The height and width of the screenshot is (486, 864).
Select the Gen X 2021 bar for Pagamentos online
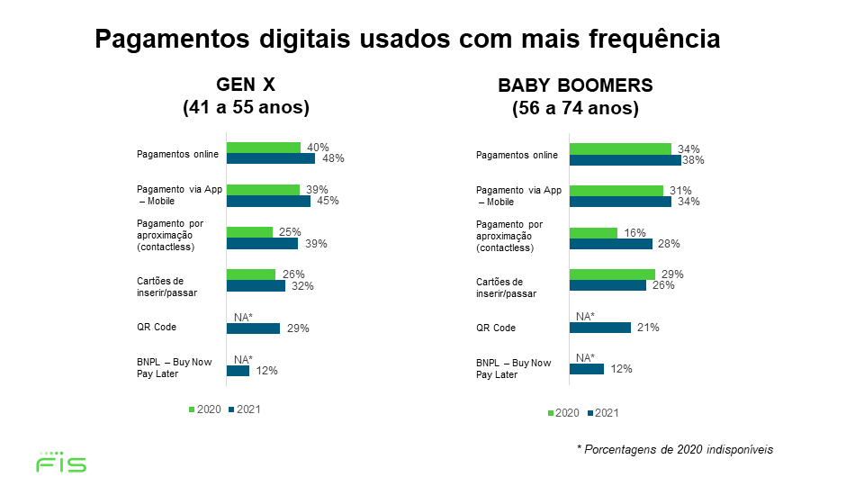tap(270, 158)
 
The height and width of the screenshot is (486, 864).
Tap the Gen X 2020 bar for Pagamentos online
tap(263, 148)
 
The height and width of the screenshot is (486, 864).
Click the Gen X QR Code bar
tap(253, 328)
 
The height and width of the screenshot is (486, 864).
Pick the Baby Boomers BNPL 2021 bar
tap(587, 368)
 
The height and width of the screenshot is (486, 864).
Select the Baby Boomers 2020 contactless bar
tap(593, 233)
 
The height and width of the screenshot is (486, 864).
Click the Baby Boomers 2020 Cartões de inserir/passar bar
tap(612, 274)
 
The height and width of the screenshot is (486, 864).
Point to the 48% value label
tap(333, 158)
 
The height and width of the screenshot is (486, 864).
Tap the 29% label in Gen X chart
tap(298, 328)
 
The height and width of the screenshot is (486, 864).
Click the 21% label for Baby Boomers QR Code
tap(647, 328)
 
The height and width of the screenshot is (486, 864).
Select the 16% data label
tap(635, 233)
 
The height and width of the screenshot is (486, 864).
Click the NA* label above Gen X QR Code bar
tap(244, 317)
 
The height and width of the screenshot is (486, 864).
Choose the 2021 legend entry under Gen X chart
tap(244, 409)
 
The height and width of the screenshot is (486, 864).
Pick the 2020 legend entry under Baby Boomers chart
tap(562, 413)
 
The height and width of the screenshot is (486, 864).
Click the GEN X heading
tap(246, 85)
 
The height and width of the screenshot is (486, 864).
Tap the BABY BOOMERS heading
tap(575, 86)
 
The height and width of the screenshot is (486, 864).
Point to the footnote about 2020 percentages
tap(675, 449)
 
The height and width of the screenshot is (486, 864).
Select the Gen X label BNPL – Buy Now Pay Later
tap(175, 367)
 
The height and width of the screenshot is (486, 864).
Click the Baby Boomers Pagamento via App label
tap(518, 195)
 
